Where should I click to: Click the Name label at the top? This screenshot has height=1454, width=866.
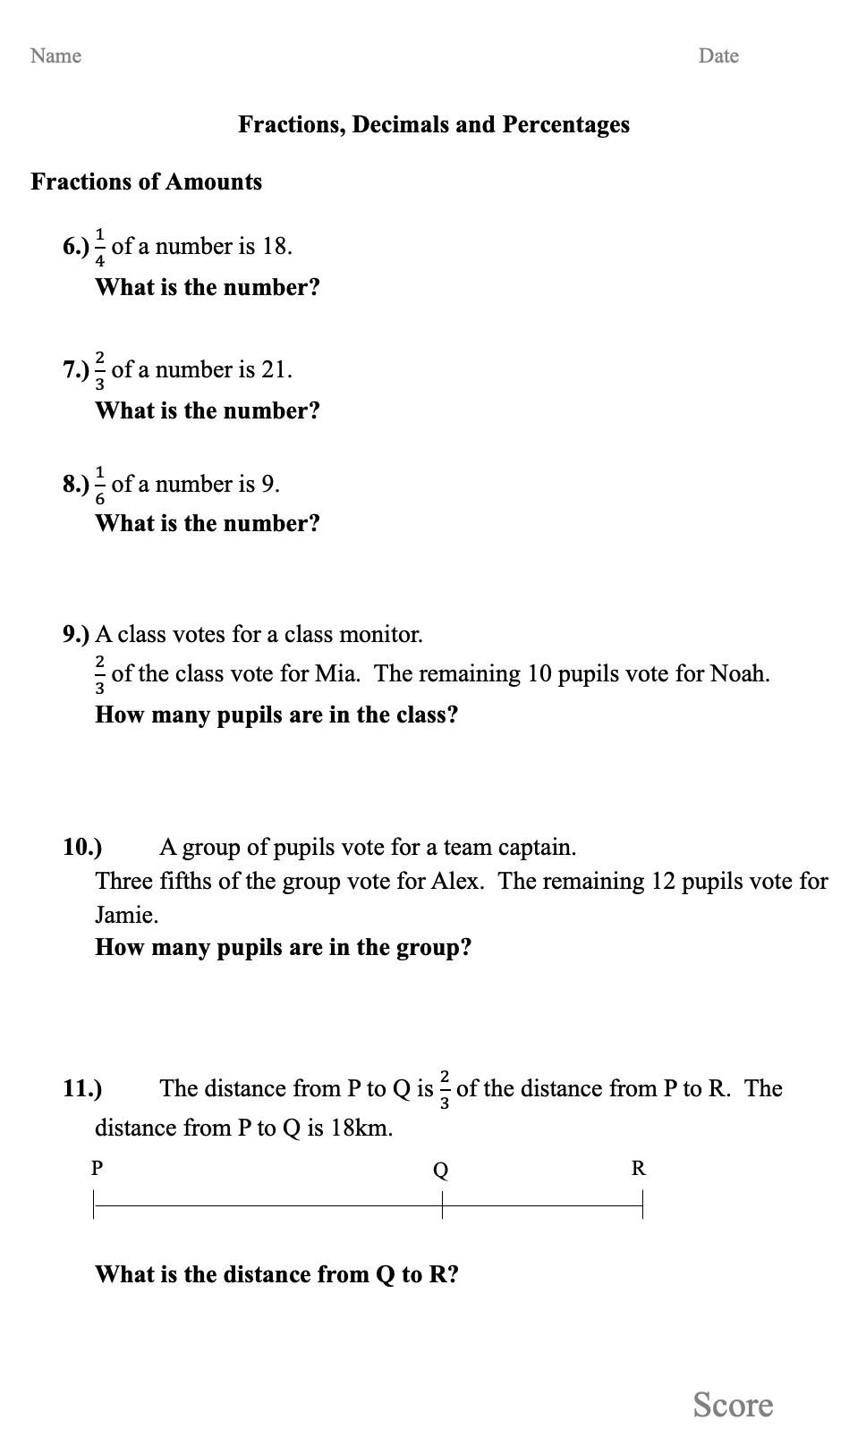pos(55,55)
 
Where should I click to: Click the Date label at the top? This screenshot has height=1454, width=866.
pos(718,55)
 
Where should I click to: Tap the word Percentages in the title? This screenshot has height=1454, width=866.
pos(565,124)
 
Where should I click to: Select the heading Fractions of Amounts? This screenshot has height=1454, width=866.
pos(147,182)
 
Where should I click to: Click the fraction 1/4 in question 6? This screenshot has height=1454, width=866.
pos(100,247)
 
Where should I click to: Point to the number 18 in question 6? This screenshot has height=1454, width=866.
pos(274,246)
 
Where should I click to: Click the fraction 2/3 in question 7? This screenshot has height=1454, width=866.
pos(100,370)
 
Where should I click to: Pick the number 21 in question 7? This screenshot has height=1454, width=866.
pos(274,369)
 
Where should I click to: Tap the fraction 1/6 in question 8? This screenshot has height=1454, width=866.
pos(100,485)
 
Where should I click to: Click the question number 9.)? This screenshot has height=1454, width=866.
pos(76,635)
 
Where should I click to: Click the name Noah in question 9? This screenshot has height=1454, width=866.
pos(738,673)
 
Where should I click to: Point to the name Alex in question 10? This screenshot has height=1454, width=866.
pos(456,881)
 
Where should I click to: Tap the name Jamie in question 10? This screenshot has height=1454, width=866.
pos(126,915)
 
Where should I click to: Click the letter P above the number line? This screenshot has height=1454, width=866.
pos(97,1168)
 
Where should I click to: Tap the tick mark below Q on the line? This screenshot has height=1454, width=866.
pos(442,1206)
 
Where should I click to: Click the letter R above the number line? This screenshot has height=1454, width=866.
pos(639,1168)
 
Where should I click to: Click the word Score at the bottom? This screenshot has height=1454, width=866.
pos(733,1405)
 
